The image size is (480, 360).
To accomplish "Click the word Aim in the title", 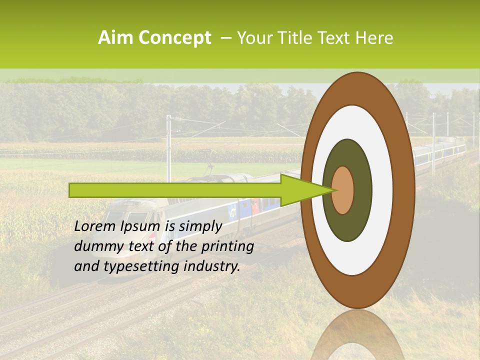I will point(116,38).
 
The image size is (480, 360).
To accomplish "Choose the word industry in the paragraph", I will point(212,266).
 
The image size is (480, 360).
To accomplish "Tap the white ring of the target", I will point(382,190).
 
